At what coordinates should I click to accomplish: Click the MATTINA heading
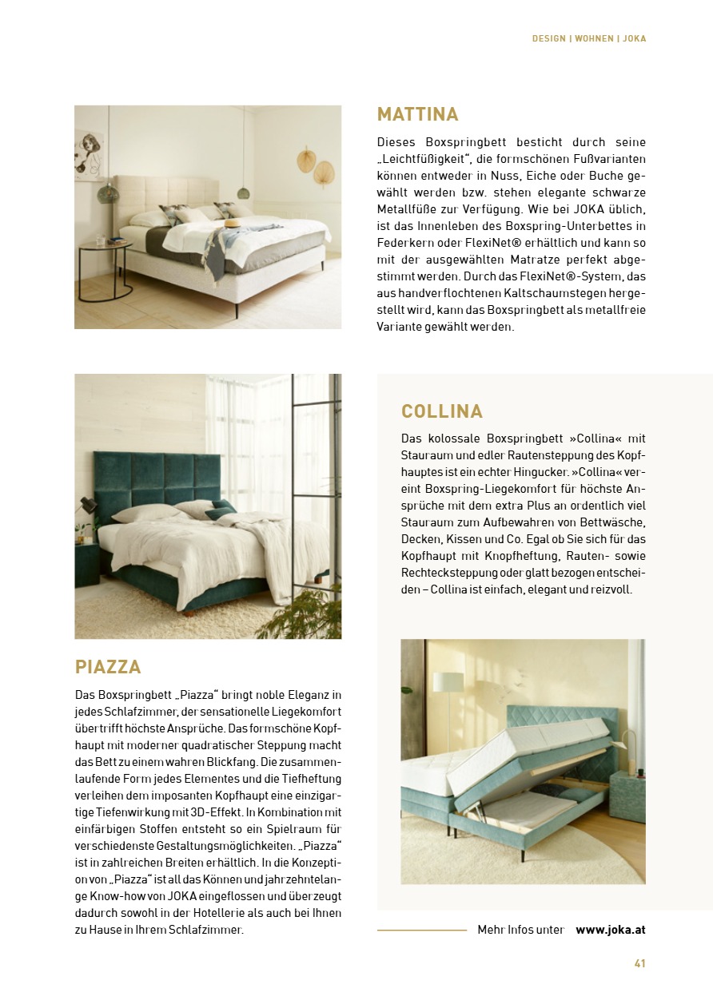pos(417,114)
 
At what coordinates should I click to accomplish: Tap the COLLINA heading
pos(442,411)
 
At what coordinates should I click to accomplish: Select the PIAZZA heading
pos(108,667)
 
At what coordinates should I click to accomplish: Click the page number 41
pos(639,963)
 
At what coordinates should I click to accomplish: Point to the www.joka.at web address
pos(611,930)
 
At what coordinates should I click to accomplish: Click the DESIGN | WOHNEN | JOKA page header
pos(589,38)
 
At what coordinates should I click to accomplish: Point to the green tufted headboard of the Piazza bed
pos(157,479)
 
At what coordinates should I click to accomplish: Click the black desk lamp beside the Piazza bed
pos(86,506)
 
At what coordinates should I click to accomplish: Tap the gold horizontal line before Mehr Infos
pos(421,930)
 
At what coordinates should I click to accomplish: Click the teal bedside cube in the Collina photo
pos(628,794)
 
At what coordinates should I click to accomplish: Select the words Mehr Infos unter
pos(520,930)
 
